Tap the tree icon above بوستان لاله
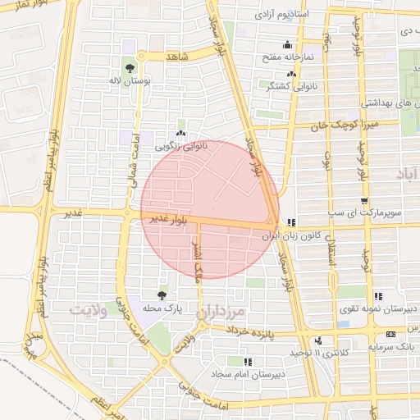click(130, 68)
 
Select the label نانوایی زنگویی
click(181, 146)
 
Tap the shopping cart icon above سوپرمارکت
click(363, 200)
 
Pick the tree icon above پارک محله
click(161, 294)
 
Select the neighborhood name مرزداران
click(221, 313)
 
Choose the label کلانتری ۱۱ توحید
click(299, 353)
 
